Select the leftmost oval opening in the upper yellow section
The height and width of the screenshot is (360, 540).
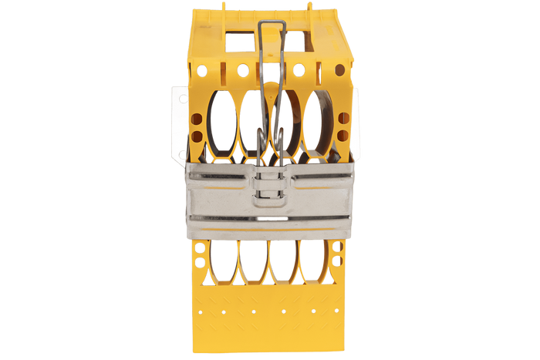(x=223, y=124)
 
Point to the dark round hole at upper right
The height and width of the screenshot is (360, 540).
(x=339, y=70)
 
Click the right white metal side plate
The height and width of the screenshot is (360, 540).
(x=356, y=123)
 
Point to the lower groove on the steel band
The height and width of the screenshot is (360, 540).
(x=269, y=219)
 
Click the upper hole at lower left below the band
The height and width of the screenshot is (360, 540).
(x=199, y=249)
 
